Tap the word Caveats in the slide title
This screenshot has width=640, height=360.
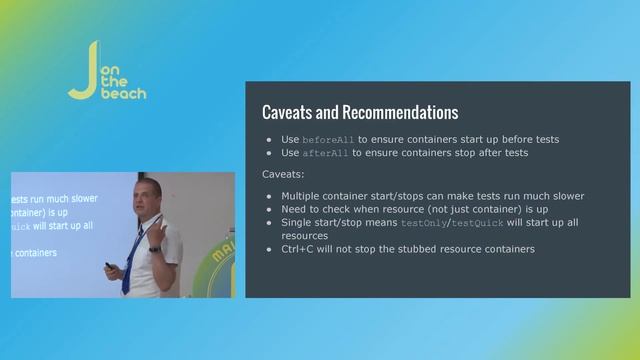pyautogui.click(x=289, y=112)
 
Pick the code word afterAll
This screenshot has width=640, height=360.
pyautogui.click(x=325, y=153)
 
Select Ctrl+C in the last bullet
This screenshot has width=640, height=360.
pyautogui.click(x=299, y=248)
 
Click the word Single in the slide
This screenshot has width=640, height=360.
pyautogui.click(x=298, y=222)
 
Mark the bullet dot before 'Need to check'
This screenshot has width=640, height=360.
pyautogui.click(x=269, y=209)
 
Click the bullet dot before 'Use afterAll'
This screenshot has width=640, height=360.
pyautogui.click(x=269, y=153)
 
